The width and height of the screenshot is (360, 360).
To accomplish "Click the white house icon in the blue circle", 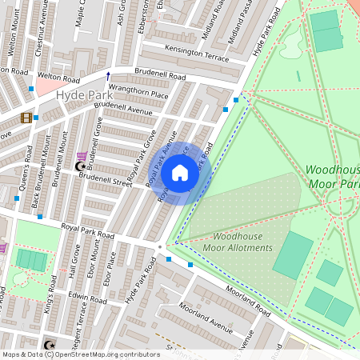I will point(180,173).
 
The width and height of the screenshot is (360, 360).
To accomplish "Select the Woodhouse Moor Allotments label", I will point(242,242).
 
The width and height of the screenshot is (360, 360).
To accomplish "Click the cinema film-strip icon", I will point(26,118).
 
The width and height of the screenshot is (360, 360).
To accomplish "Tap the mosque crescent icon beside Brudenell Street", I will point(79,166).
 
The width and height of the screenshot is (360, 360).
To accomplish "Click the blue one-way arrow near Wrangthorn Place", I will point(109,76).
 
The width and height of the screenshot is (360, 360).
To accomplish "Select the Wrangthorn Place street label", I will point(138,93).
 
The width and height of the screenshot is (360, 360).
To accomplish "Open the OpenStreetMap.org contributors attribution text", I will point(104,354).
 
